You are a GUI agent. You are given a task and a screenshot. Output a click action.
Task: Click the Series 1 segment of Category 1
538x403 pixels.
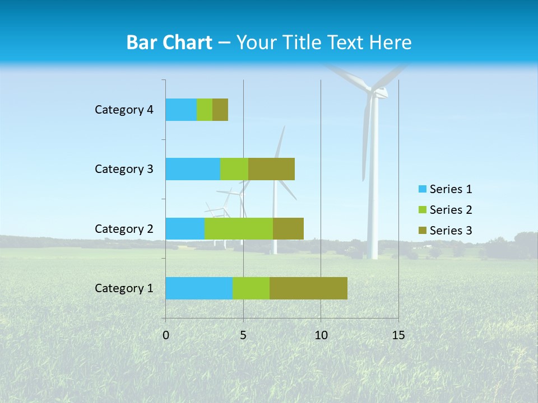pos(199,288)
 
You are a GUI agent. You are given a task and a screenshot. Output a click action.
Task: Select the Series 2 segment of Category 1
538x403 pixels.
pos(251,288)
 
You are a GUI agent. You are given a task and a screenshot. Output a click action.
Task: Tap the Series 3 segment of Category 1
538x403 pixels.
pos(308,288)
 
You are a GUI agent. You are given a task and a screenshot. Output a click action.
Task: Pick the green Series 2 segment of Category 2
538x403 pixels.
pos(239,228)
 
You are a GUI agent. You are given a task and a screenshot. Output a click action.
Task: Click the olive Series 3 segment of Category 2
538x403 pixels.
pos(288,228)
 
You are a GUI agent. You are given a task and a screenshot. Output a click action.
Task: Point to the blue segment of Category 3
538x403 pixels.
pos(193,169)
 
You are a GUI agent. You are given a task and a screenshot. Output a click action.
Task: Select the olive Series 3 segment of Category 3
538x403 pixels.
pos(271,169)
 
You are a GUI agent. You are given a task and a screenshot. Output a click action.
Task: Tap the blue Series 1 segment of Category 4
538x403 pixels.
pos(181,110)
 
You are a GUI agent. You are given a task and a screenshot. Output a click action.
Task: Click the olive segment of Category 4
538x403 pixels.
pos(220,110)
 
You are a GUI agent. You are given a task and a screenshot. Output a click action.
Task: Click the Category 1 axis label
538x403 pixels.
pos(124,288)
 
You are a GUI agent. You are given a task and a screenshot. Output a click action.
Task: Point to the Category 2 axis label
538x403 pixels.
pos(124,228)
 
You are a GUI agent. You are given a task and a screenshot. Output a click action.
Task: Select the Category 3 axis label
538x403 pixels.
pos(124,169)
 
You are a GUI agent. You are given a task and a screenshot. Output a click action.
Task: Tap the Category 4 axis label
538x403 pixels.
pos(124,110)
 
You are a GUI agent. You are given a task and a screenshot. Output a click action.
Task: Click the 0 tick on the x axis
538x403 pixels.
pos(166,335)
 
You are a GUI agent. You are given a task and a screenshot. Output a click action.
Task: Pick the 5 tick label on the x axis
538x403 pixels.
pos(243,335)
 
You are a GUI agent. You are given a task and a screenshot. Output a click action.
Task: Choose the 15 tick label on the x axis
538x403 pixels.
pos(398,335)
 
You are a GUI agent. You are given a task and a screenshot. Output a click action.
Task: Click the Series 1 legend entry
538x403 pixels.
pos(446,189)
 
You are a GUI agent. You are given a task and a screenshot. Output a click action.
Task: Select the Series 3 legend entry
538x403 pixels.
pos(446,231)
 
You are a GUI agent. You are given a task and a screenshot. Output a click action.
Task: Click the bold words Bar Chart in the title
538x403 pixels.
pos(169,43)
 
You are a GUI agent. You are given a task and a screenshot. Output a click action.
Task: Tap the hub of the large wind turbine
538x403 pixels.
pos(374,90)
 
